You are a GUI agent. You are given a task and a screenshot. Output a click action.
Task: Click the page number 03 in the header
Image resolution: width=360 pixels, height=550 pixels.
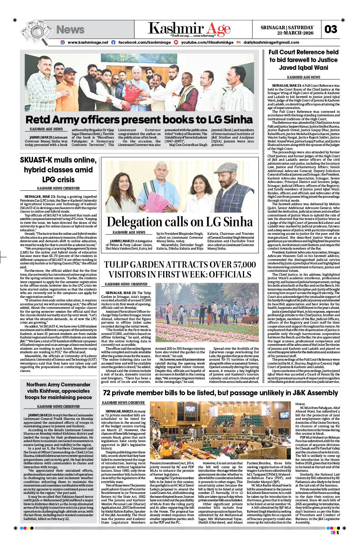[331, 29]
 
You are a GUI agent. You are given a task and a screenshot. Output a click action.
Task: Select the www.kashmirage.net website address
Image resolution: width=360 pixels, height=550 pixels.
[88, 42]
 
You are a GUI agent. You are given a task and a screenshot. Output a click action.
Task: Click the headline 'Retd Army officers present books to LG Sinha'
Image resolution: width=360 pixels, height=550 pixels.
[139, 119]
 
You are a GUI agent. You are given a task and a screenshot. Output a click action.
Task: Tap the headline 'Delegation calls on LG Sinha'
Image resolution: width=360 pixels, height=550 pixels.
[179, 222]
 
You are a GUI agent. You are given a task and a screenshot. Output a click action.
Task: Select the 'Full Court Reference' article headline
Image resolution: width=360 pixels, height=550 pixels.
[303, 60]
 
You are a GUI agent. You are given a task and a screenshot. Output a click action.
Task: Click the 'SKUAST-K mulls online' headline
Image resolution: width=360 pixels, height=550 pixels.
[58, 170]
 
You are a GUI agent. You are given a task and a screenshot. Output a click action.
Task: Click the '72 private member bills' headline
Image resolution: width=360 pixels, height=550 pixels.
[220, 393]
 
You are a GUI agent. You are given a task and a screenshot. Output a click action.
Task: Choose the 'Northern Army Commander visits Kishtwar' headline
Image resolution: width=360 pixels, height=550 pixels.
[58, 391]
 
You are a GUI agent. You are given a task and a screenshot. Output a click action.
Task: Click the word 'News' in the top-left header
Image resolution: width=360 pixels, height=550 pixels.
[70, 30]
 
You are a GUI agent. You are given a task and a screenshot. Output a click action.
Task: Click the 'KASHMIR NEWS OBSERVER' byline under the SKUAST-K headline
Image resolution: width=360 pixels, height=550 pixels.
[58, 188]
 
